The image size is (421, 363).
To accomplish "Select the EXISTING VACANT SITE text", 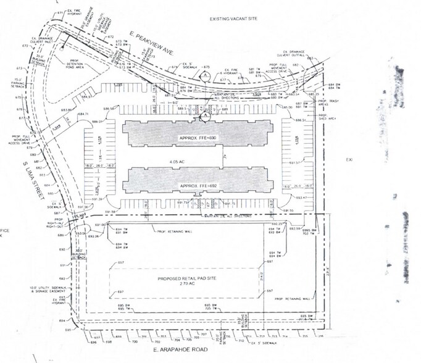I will pyautogui.click(x=232, y=19).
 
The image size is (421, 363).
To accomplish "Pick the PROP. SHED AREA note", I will pyautogui.click(x=325, y=117).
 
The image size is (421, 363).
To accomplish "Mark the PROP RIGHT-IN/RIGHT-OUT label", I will pyautogui.click(x=60, y=222).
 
